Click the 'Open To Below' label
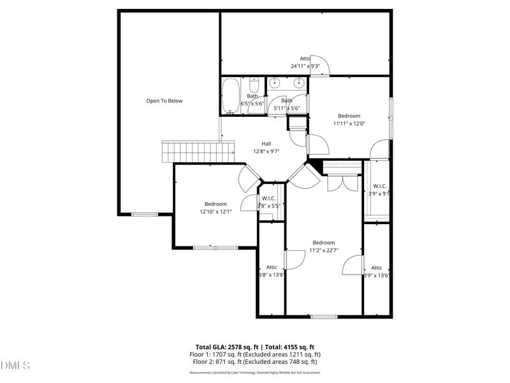point(164,101)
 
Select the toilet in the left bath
point(253,86)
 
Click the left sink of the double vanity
point(275,83)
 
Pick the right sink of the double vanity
point(298,83)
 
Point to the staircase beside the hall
point(191,152)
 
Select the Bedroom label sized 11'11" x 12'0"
point(349,116)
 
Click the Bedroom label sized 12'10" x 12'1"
point(215,204)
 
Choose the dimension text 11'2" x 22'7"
point(323,250)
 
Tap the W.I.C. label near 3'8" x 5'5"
point(268,199)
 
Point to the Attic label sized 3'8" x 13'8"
point(272,267)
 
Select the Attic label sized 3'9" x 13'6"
point(377,267)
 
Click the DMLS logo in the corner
point(15,365)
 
